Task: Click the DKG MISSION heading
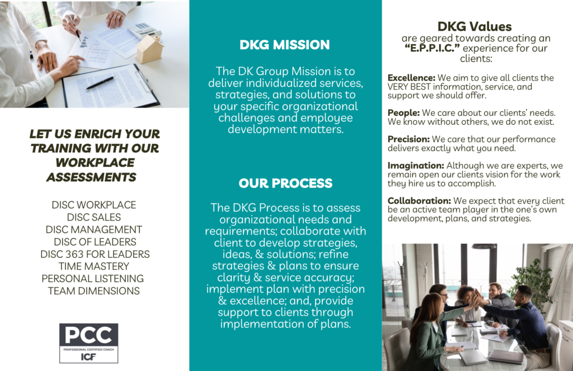click(285, 45)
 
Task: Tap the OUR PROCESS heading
click(285, 183)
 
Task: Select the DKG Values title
click(475, 26)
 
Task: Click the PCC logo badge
click(89, 343)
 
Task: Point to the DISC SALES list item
click(94, 217)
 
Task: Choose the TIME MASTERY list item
click(94, 266)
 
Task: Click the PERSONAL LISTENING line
click(92, 279)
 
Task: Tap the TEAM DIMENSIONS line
click(94, 291)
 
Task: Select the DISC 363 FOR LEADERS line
click(95, 254)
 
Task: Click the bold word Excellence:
click(411, 78)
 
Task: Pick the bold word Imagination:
click(416, 166)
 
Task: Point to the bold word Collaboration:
click(419, 201)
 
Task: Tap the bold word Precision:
click(408, 139)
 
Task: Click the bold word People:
click(403, 113)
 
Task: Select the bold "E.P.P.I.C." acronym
click(432, 48)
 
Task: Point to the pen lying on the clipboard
click(100, 83)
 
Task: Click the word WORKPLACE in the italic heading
click(95, 163)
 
